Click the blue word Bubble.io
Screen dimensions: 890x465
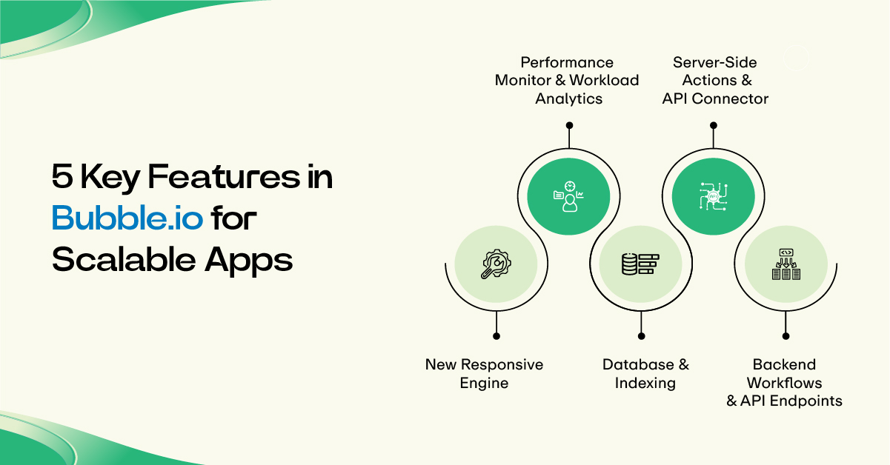(127, 218)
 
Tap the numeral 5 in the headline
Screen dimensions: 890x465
(62, 176)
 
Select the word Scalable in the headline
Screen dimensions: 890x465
(124, 259)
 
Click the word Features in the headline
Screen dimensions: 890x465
(224, 176)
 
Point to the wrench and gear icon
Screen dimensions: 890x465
(496, 264)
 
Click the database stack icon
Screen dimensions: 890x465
(640, 264)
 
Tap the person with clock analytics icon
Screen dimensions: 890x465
(568, 196)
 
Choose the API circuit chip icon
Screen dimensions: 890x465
(713, 196)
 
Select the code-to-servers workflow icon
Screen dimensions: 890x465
(786, 264)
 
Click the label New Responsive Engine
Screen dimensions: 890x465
(484, 374)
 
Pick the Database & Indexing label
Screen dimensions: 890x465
(645, 374)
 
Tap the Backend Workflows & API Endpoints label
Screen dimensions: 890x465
(784, 382)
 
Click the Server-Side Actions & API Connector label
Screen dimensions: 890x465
(715, 81)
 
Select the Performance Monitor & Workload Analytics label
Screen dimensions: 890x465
(567, 81)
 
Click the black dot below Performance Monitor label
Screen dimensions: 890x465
(569, 125)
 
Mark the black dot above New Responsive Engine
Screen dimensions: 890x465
(497, 336)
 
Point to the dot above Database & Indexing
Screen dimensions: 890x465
(641, 336)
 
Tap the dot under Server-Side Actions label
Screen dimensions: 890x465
(714, 125)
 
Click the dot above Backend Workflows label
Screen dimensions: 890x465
(786, 336)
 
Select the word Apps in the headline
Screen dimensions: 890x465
(249, 261)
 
